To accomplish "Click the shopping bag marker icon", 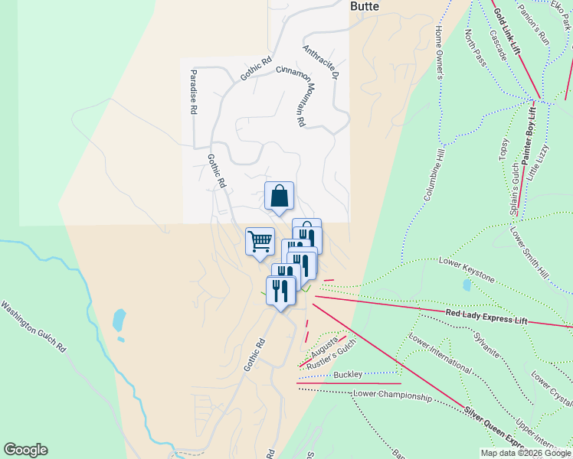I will point(280,196).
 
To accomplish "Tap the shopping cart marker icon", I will point(260,241).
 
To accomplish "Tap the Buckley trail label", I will point(348,374).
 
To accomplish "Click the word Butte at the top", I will point(365,6).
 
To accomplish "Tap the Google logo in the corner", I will point(25,450).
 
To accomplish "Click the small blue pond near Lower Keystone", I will point(467,285).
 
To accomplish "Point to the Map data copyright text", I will point(525,453).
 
